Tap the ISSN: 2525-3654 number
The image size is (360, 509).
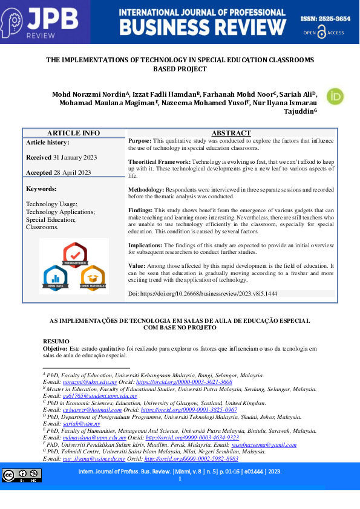(x=326, y=19)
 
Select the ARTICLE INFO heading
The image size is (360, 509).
(x=73, y=133)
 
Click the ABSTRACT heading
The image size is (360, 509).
(x=231, y=133)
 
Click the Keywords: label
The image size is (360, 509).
(x=41, y=189)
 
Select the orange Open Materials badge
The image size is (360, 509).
(x=93, y=277)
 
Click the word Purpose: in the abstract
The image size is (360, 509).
(x=140, y=140)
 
